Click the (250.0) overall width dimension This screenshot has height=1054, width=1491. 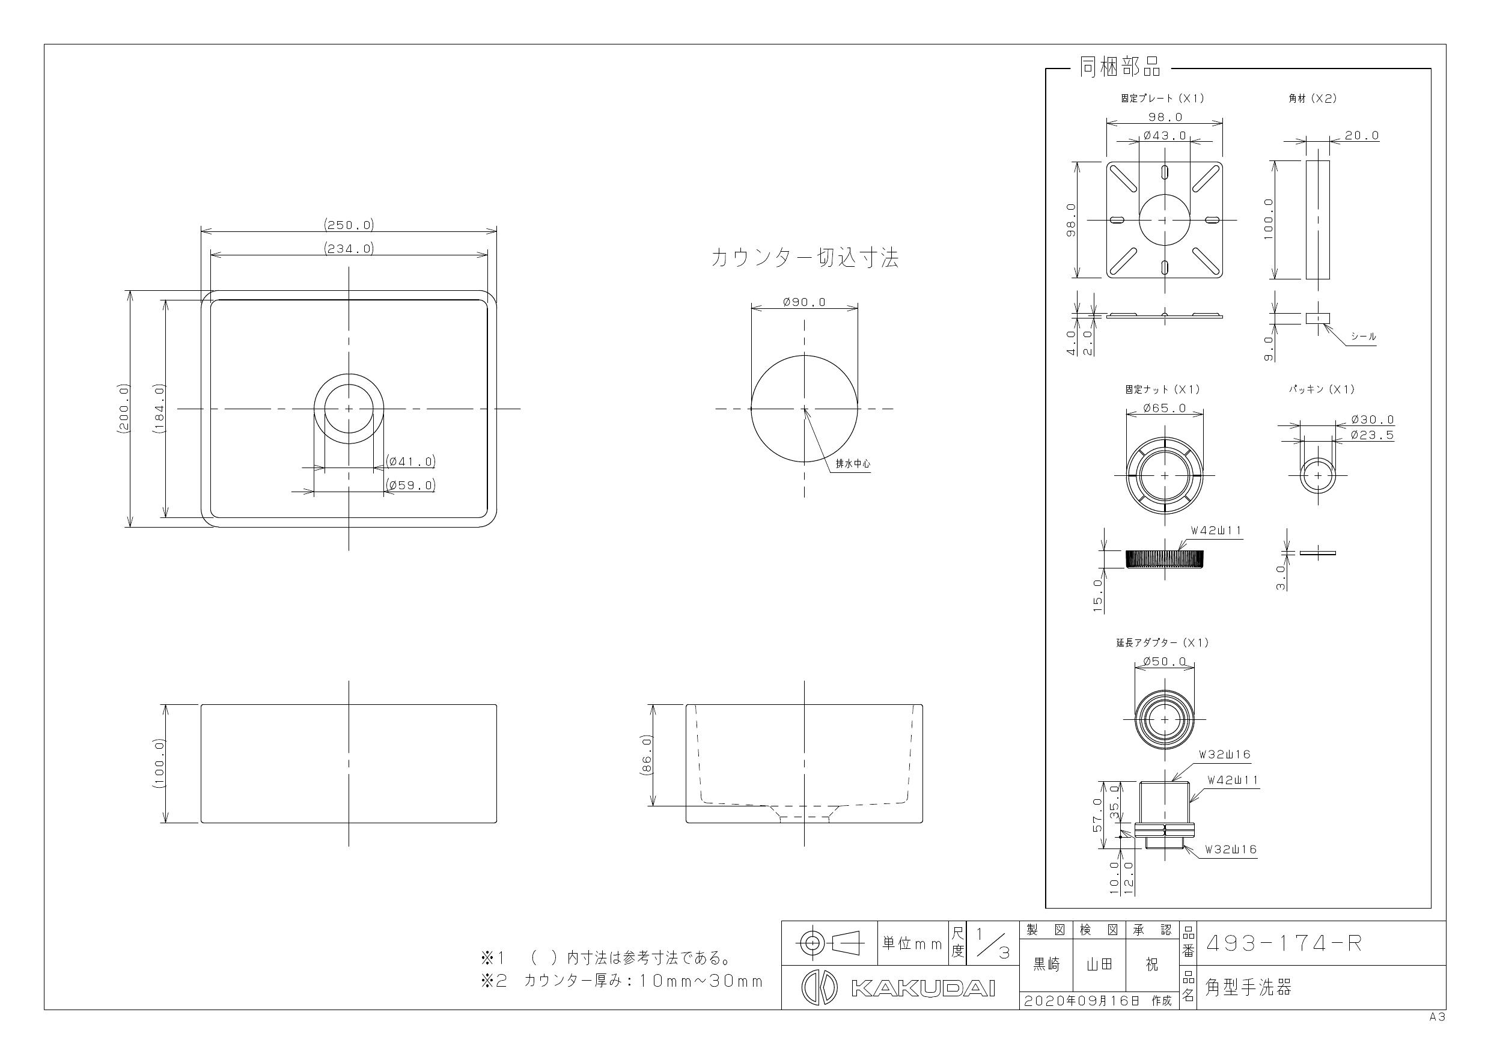[x=349, y=225]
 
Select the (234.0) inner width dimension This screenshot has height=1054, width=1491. [x=349, y=248]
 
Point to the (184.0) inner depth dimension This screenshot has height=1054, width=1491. [x=160, y=409]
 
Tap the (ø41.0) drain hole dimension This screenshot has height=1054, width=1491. [x=410, y=462]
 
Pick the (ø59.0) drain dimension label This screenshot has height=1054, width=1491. [x=410, y=485]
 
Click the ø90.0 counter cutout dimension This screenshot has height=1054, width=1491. [x=805, y=302]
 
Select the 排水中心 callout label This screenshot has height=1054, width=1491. [x=853, y=464]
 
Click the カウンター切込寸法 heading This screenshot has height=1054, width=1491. [x=805, y=258]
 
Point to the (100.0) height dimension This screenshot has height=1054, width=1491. [x=160, y=764]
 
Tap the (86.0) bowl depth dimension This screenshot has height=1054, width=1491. [x=646, y=755]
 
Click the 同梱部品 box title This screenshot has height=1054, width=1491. [x=1120, y=67]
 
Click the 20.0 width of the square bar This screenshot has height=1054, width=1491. [x=1362, y=136]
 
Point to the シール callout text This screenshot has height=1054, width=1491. [x=1363, y=337]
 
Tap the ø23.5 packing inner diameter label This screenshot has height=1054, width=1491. [x=1372, y=435]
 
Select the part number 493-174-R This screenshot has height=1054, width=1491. [x=1283, y=943]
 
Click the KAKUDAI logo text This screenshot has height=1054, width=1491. [x=922, y=989]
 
